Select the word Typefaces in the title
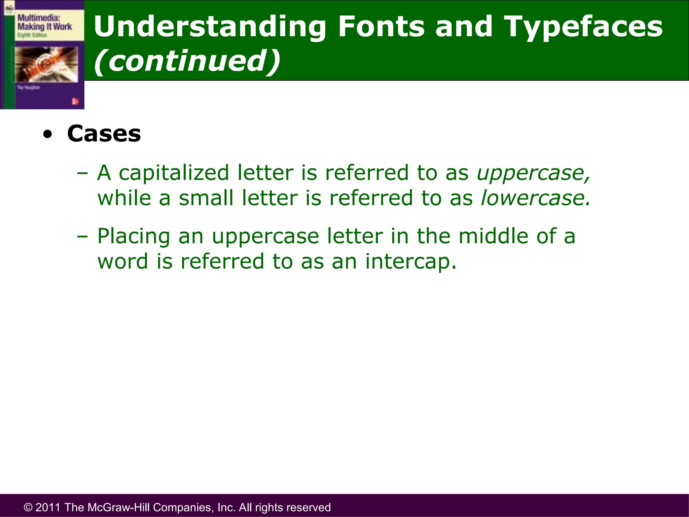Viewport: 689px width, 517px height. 584,27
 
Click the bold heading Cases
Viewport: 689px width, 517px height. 104,134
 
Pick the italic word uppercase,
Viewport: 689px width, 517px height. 534,173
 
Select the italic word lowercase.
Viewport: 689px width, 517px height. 535,198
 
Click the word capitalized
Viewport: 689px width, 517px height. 174,173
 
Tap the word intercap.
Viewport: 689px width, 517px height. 411,261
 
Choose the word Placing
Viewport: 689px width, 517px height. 134,236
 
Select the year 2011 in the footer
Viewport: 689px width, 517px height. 48,507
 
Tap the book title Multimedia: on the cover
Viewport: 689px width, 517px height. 39,18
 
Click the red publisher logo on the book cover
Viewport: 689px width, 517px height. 75,101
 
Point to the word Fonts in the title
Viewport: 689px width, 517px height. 382,27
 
